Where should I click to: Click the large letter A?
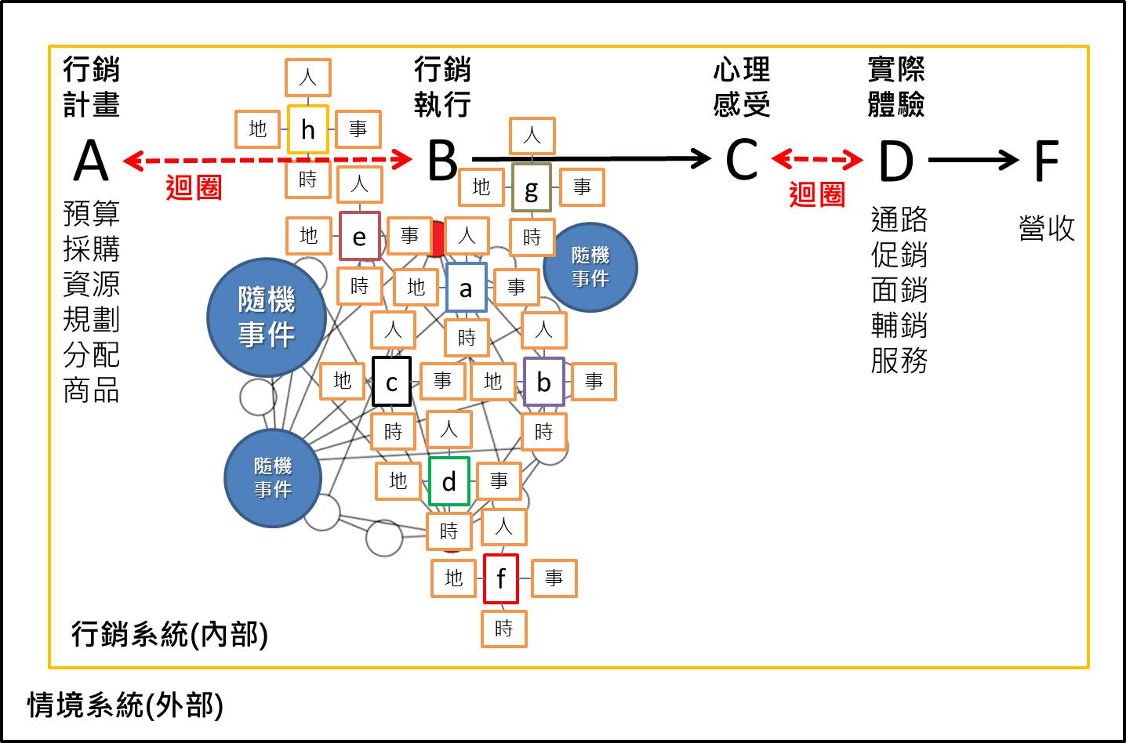[x=91, y=161]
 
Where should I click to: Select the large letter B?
[x=442, y=161]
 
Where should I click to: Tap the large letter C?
[x=741, y=161]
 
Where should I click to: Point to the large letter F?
[x=1047, y=161]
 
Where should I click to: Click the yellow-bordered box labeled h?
[x=308, y=129]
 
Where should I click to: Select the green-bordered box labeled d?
[x=449, y=481]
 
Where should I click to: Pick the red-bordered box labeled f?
[x=501, y=579]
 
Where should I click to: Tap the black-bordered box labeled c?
[x=391, y=382]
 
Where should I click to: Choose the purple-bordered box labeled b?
[x=543, y=382]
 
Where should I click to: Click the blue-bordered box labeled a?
[x=467, y=288]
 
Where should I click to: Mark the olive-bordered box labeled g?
[x=532, y=188]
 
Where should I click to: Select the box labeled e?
[x=360, y=236]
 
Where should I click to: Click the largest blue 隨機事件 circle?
[x=267, y=317]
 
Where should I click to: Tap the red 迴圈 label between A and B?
[x=194, y=188]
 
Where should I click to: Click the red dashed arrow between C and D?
[x=817, y=160]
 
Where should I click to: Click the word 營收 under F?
[x=1047, y=228]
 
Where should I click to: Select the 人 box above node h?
[x=308, y=78]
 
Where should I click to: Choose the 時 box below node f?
[x=504, y=629]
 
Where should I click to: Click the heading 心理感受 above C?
[x=741, y=86]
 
